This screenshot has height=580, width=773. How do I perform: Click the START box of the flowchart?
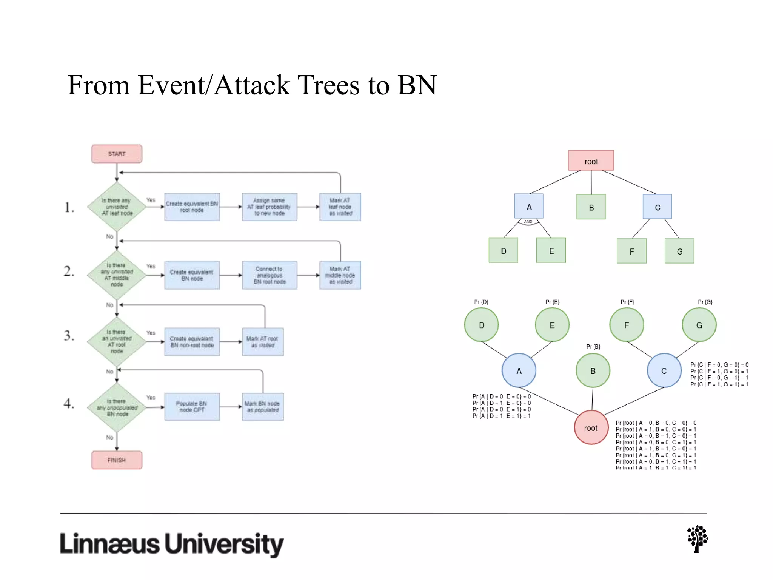click(117, 154)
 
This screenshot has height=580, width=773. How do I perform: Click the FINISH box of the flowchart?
click(117, 460)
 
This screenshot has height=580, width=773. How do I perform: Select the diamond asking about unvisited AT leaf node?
click(117, 207)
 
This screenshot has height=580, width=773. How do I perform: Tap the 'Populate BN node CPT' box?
click(192, 407)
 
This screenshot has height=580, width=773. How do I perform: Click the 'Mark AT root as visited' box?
click(262, 342)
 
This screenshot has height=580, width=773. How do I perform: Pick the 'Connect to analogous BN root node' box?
click(269, 275)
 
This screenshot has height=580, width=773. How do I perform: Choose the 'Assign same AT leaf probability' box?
click(269, 207)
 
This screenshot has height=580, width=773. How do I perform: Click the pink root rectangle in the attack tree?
click(591, 161)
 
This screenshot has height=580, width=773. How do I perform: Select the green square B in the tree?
click(591, 207)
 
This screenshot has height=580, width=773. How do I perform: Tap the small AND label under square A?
click(528, 222)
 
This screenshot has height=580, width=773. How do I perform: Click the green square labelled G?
click(679, 251)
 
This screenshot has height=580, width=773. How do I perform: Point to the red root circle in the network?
click(591, 427)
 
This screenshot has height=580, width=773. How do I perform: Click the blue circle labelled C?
click(664, 370)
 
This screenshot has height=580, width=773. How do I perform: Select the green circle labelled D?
click(481, 325)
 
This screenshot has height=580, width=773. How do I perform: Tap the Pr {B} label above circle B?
click(593, 346)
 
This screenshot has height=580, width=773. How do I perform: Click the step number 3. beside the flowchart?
click(69, 336)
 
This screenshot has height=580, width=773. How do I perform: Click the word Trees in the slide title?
click(330, 85)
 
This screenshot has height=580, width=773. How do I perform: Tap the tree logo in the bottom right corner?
click(697, 539)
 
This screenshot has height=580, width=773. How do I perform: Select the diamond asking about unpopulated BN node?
click(117, 407)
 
